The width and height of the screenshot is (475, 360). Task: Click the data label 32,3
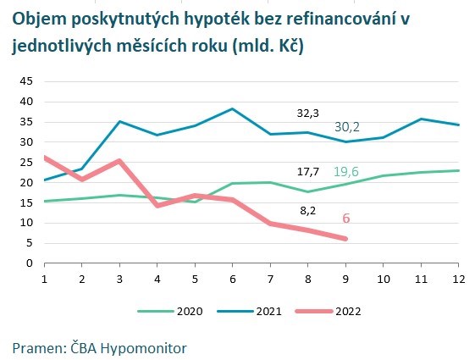pos(307,112)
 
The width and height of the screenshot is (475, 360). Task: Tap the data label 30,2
pos(348,126)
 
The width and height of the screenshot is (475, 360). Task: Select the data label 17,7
pos(307,171)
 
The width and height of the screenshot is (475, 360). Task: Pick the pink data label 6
pos(345,219)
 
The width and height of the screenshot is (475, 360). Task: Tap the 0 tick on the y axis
pos(28,263)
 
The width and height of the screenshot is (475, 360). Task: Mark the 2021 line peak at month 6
pos(233,108)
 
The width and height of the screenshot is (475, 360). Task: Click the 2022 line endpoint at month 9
pos(345,239)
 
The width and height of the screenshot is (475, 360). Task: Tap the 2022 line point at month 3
pos(119,161)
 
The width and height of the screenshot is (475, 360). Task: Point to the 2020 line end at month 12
pos(459,170)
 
